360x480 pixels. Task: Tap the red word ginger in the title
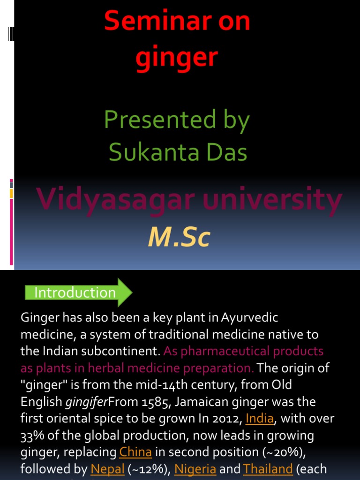point(177,58)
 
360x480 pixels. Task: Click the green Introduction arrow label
point(75,293)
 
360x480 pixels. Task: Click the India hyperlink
point(259,418)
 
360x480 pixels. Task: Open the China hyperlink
point(135,452)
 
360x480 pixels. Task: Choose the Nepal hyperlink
point(107,469)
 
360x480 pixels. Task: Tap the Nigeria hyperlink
point(195,469)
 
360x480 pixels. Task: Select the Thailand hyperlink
point(268,469)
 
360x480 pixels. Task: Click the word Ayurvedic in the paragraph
point(250,318)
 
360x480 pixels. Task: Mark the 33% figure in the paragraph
point(31,435)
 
